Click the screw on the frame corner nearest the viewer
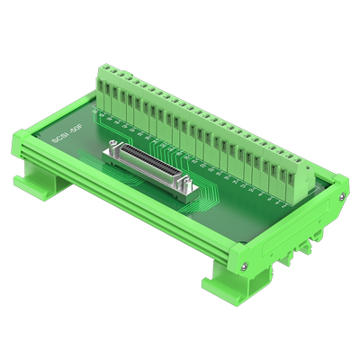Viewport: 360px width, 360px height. pyautogui.click(x=244, y=265)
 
